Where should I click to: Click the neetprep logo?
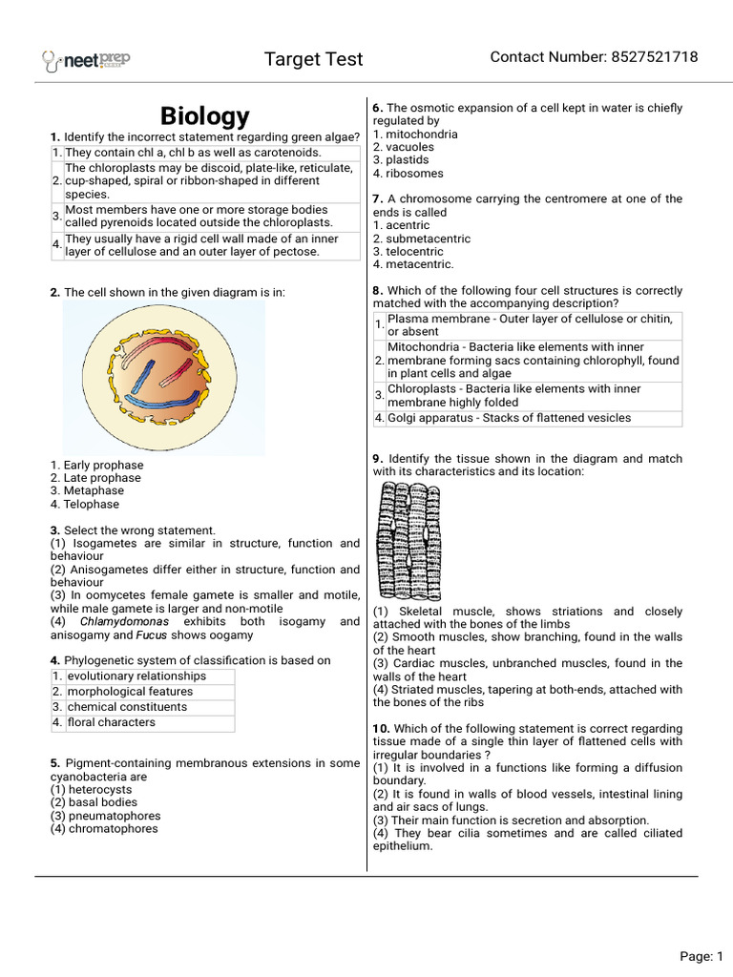[86, 60]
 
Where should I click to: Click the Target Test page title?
[313, 59]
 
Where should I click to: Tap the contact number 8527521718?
[594, 57]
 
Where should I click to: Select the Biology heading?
[205, 116]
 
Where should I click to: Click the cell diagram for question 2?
[164, 378]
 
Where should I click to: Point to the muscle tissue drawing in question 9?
[410, 539]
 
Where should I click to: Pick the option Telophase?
[92, 505]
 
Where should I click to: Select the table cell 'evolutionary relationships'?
[136, 676]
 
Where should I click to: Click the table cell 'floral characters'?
[111, 723]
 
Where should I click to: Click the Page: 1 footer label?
[702, 956]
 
